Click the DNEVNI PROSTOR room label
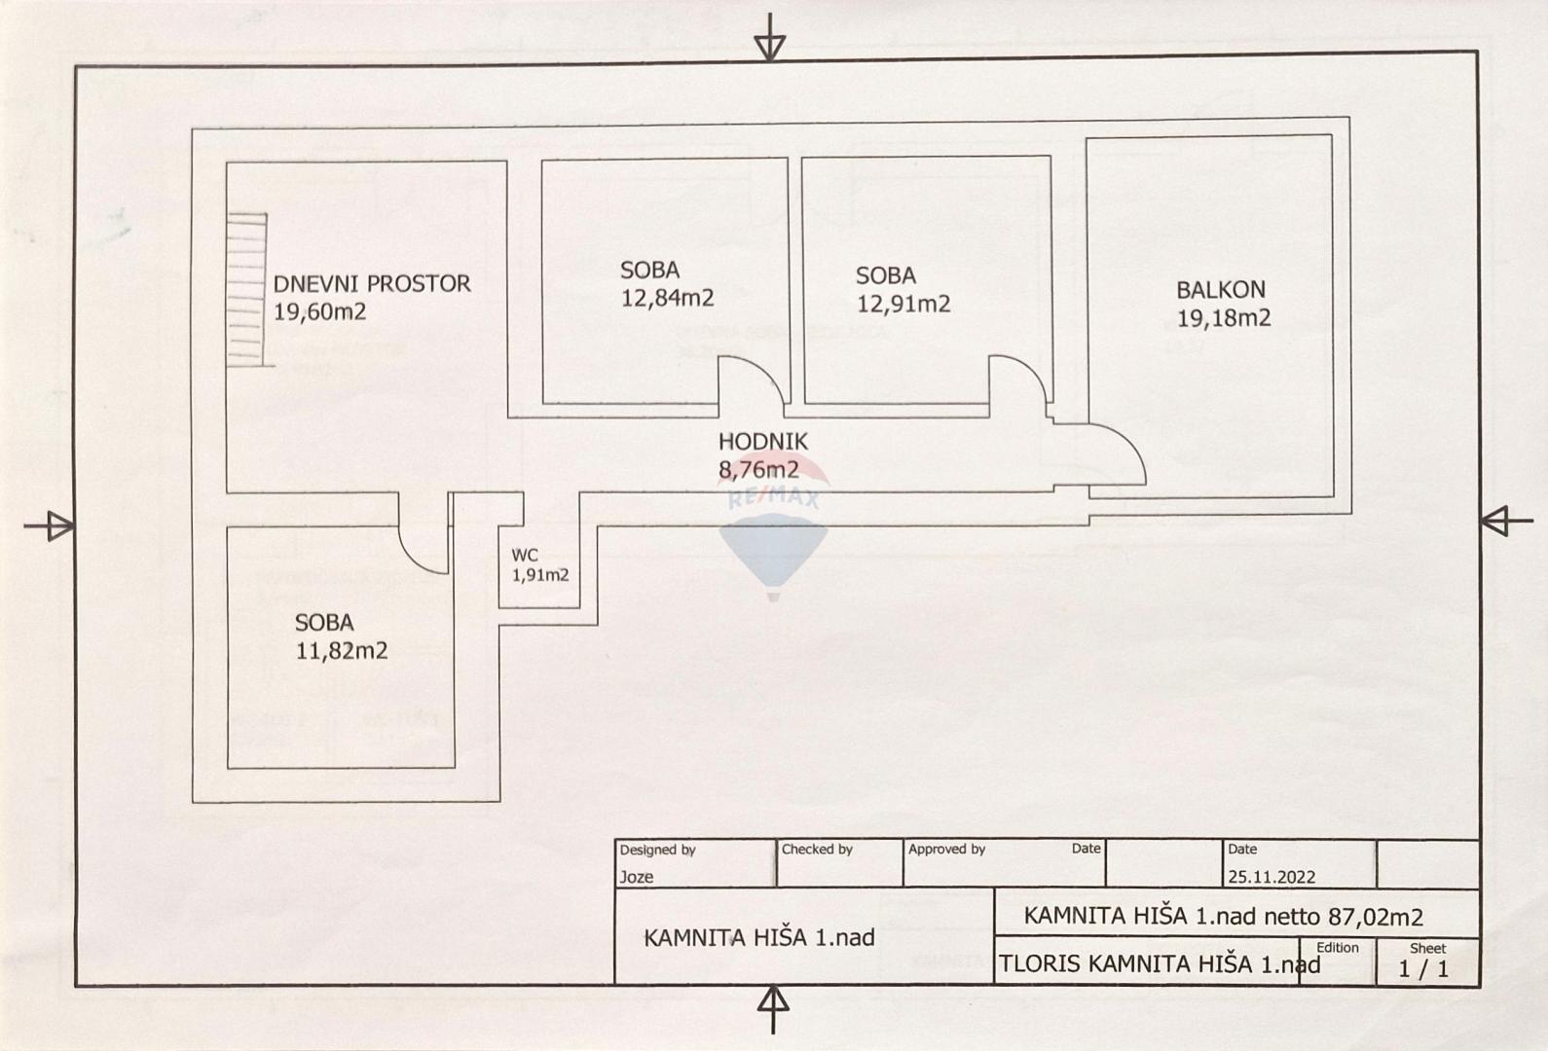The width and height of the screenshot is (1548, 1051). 371,284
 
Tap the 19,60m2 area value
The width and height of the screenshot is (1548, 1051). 319,312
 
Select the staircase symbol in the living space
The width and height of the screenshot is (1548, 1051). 246,290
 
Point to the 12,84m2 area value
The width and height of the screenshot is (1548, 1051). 667,299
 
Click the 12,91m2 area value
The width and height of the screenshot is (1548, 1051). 903,305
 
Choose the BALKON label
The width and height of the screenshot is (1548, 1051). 1220,290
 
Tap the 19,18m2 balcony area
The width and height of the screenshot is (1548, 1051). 1223,318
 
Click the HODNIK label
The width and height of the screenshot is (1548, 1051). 762,442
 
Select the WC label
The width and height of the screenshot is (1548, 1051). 525,556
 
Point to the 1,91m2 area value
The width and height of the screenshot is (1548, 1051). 540,575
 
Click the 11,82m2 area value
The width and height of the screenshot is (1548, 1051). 342,651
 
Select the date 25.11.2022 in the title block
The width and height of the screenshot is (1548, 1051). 1271,877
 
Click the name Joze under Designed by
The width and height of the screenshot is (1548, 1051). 637,877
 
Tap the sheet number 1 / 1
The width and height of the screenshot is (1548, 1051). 1422,969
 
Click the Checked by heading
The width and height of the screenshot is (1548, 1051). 817,850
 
